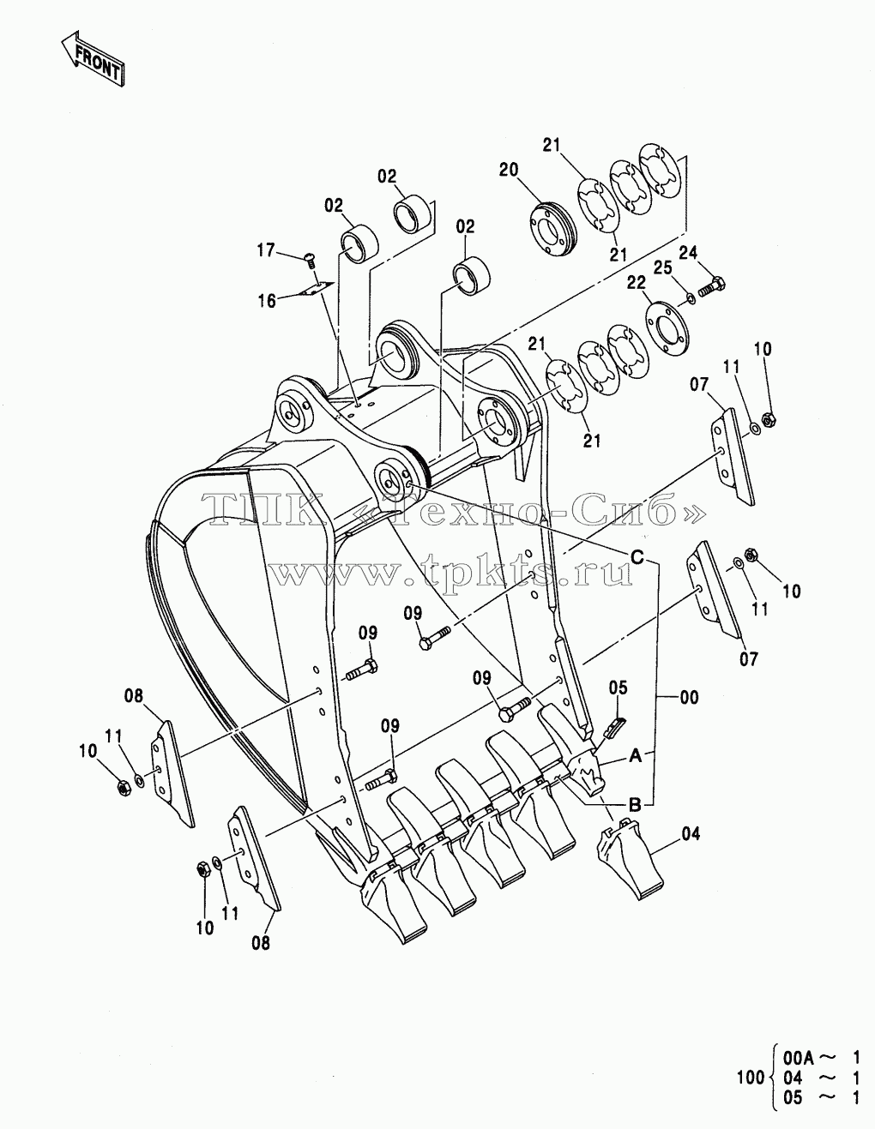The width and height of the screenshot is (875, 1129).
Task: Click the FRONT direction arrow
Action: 93,58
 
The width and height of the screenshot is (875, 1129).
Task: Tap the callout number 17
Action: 266,250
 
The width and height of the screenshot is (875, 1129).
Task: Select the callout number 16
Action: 268,301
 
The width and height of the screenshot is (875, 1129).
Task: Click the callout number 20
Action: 509,170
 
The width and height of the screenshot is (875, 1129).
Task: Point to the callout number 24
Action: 688,253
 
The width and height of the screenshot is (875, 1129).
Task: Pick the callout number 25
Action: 663,267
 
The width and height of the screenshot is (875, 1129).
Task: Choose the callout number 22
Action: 636,282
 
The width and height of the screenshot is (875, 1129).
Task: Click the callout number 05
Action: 619,688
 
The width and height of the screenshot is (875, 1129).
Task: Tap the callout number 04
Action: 691,834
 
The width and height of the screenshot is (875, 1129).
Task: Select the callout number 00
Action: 690,697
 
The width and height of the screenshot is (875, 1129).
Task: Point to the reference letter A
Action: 636,756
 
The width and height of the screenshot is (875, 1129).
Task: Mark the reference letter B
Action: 635,805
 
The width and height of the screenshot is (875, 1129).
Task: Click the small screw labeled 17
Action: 311,260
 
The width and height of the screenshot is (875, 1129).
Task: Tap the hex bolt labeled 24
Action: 712,287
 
